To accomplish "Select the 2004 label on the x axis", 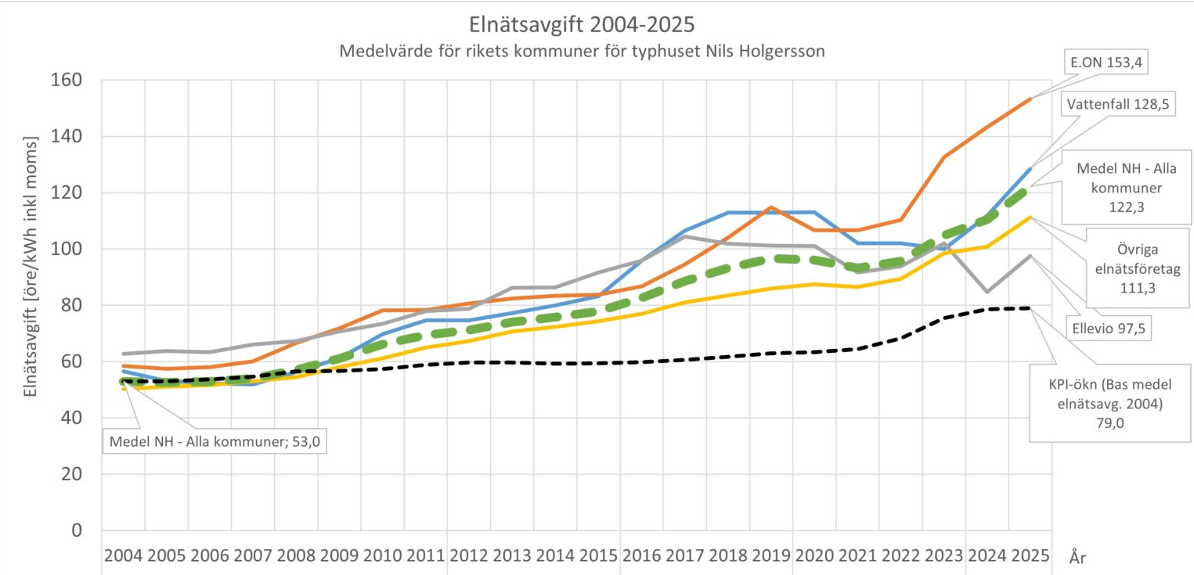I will [124, 556].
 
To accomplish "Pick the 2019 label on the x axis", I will [771, 556].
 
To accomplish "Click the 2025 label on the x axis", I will [1030, 556].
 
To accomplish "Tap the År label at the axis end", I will [1077, 558].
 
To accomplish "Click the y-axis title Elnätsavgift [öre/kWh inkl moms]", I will [31, 266].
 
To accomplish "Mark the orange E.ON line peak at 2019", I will [771, 207].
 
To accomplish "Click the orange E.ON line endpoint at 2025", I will [1030, 99].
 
